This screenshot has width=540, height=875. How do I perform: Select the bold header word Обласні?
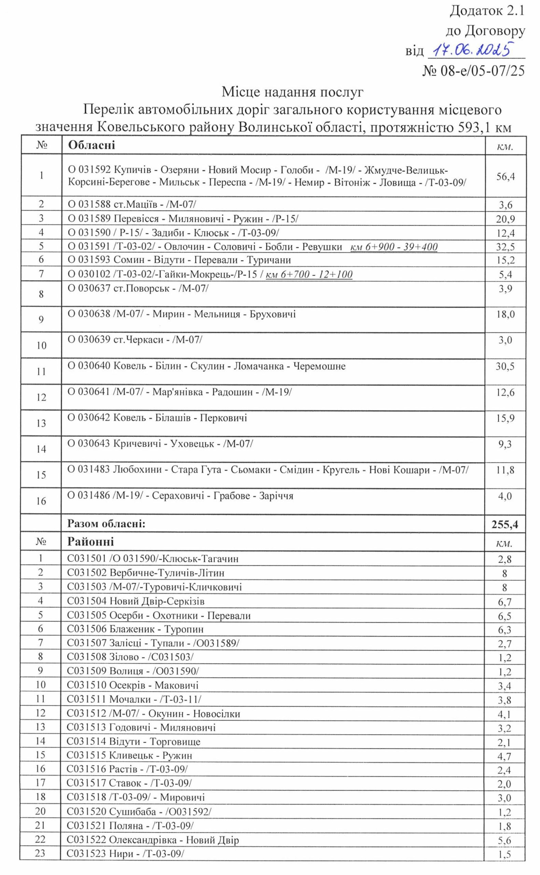[92, 145]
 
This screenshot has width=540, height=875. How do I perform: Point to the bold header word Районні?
[91, 542]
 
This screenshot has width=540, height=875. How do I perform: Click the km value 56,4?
[506, 176]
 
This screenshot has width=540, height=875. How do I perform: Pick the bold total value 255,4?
[504, 525]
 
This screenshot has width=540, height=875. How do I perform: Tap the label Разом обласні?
[107, 524]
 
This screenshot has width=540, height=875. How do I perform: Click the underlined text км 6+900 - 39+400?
[394, 247]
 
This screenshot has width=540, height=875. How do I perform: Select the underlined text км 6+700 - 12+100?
[309, 274]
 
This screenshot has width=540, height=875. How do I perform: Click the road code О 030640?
[89, 366]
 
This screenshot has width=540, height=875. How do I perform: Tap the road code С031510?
[87, 685]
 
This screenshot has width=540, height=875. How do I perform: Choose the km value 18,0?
[505, 315]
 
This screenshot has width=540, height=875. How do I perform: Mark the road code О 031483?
[89, 470]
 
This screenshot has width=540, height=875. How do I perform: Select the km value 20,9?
[505, 219]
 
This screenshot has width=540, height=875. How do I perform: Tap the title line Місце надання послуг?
[292, 92]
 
